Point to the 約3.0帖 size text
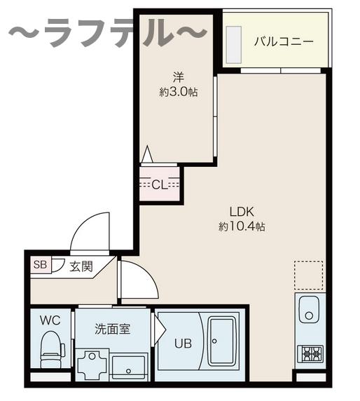click(178, 91)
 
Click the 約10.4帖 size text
click(241, 226)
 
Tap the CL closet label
click(160, 185)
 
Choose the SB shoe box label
click(40, 264)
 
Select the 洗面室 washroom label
click(112, 328)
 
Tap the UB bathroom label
click(182, 344)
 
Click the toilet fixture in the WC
click(51, 351)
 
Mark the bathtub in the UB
click(223, 343)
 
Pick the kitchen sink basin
click(308, 310)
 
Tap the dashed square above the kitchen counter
click(308, 275)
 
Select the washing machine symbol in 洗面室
click(92, 364)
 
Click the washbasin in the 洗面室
click(128, 365)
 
